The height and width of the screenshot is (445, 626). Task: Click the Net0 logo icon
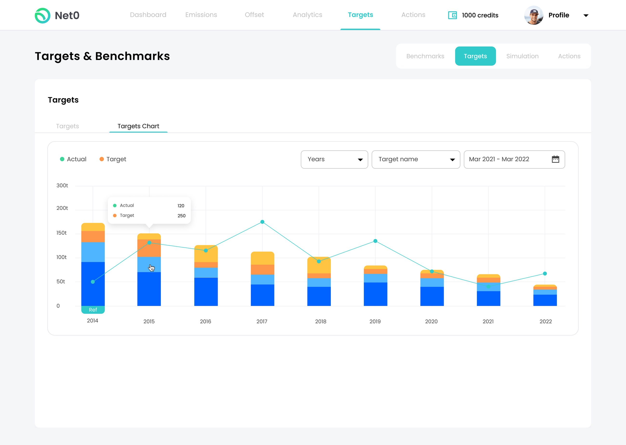coord(42,15)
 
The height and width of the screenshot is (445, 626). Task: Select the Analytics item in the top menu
coord(307,15)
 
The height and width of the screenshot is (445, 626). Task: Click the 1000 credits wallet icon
coord(452,15)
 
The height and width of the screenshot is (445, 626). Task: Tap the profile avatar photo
coord(533,15)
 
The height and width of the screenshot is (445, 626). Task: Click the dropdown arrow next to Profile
coord(586,16)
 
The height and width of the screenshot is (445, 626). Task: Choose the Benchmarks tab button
coord(425,56)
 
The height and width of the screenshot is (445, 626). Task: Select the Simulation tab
coord(522,56)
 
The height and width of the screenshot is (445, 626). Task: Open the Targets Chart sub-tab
coord(138,126)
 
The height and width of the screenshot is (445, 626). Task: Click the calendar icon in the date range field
coord(555,159)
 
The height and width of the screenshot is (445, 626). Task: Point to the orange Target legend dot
coord(102,159)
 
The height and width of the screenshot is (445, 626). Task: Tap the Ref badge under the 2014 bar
coord(93,310)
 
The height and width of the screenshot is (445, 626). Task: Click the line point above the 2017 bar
coord(262,222)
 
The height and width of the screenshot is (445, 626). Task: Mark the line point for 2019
coord(375,241)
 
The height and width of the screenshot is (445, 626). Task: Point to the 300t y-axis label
coord(62,186)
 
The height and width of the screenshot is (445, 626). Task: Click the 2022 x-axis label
coord(545,322)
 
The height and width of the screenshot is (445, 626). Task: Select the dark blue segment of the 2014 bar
coord(93,284)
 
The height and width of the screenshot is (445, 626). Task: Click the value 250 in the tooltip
coord(182,216)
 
